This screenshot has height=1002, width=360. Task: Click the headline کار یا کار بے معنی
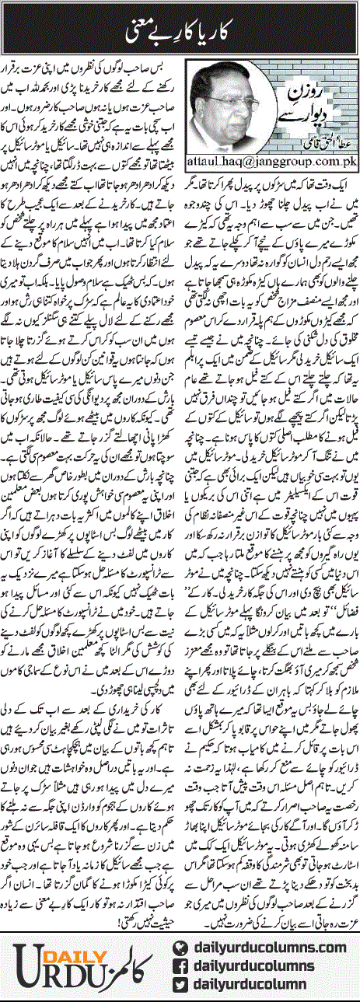coord(180,35)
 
